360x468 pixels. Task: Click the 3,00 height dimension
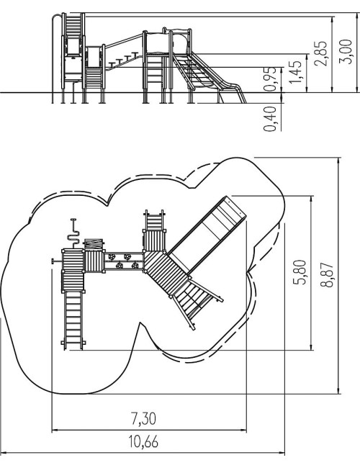click(347, 52)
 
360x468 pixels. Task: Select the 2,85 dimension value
click(320, 53)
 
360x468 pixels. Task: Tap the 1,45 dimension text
click(295, 72)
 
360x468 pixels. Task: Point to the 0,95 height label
click(271, 78)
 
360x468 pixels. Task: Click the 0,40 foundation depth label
click(271, 119)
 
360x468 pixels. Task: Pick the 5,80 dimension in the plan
click(300, 272)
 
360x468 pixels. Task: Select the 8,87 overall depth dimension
click(327, 275)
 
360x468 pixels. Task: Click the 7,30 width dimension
click(143, 418)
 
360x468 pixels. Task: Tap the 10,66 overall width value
click(143, 441)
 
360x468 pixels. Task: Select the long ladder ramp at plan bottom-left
click(73, 320)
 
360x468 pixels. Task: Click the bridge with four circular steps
click(124, 261)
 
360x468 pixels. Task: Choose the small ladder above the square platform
click(154, 220)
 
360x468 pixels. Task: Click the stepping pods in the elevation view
click(124, 60)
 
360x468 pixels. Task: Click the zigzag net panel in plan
click(94, 244)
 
